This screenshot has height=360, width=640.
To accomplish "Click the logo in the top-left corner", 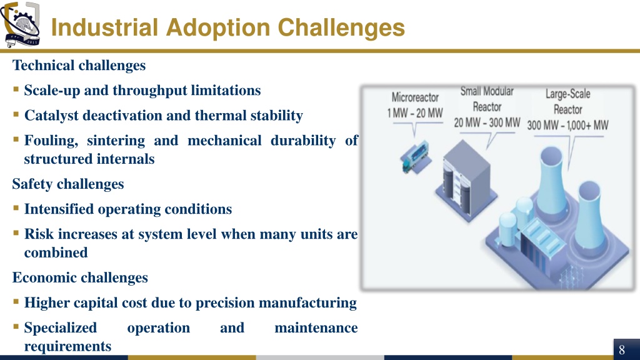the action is coord(21,24).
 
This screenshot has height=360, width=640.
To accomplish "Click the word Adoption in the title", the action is coord(218,27).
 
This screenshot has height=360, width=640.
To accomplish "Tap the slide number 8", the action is coord(622,350).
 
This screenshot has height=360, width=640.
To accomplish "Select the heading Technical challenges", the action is coord(79,65).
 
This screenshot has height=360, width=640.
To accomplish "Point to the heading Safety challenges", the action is coord(67,184).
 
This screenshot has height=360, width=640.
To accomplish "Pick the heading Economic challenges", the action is coord(80,277).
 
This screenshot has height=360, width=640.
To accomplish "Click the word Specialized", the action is coord(61,328).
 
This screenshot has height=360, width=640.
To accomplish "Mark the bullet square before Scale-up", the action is coord(16,89).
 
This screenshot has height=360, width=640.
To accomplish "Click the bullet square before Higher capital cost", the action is coord(16,302).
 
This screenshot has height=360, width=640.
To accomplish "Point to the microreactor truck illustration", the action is coord(416,157).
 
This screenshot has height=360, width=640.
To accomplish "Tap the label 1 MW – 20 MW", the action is coord(415,113).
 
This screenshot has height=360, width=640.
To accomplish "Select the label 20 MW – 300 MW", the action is coord(487,122).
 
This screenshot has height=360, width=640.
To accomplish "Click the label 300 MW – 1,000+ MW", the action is coord(567,125).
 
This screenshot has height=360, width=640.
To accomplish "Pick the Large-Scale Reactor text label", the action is coord(567,102).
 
